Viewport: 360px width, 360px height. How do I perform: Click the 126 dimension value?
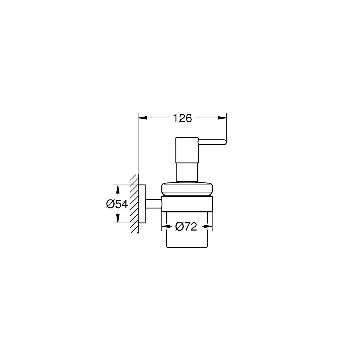coord(182,118)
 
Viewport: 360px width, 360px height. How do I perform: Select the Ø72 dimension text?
coord(186,227)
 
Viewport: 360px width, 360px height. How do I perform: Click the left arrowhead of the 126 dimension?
coord(142,118)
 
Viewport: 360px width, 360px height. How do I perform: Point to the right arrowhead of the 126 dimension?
coord(222,118)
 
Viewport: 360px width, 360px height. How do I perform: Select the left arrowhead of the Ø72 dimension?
coord(166,227)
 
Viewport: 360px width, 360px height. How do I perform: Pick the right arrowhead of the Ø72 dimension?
coord(208,227)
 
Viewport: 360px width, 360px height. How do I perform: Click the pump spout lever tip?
coord(226,142)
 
